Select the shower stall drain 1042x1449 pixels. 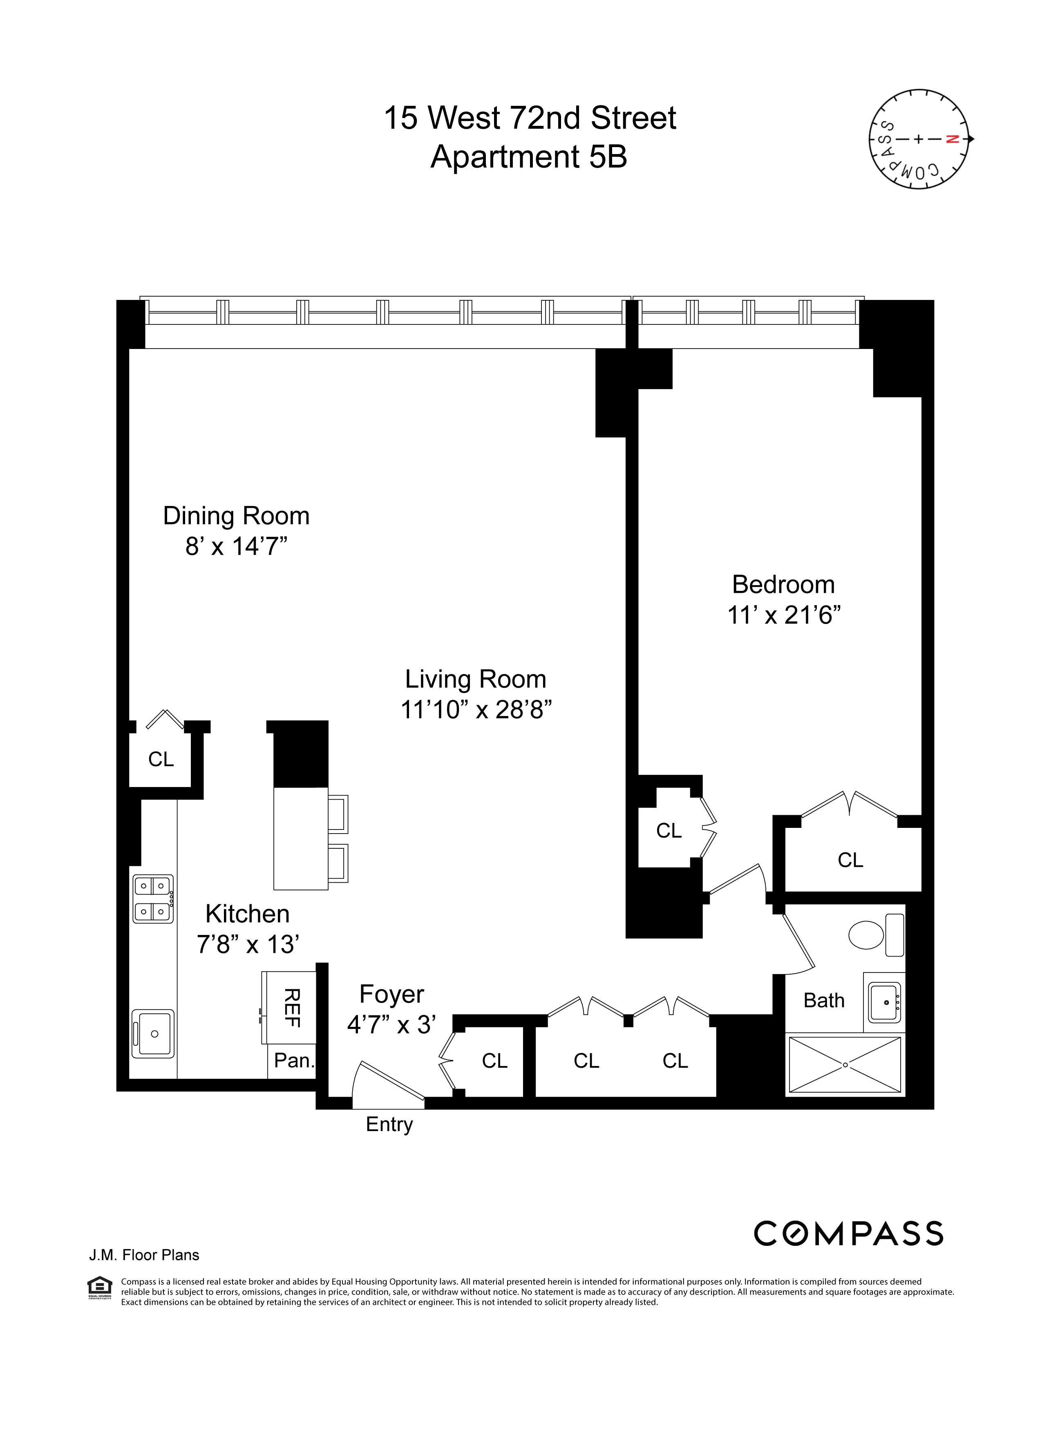tap(845, 1064)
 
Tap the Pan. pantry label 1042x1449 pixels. tap(294, 1060)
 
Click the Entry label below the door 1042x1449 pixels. tap(389, 1124)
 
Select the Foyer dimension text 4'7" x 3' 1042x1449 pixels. tap(391, 1025)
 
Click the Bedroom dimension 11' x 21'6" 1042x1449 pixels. tap(784, 615)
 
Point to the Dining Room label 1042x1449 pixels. tap(236, 516)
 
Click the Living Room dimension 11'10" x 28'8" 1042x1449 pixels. tap(476, 709)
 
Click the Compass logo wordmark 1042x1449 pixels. tap(848, 1233)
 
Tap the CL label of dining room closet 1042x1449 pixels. tap(161, 759)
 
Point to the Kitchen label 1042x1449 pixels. tap(247, 914)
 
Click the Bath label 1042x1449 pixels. tap(823, 1000)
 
